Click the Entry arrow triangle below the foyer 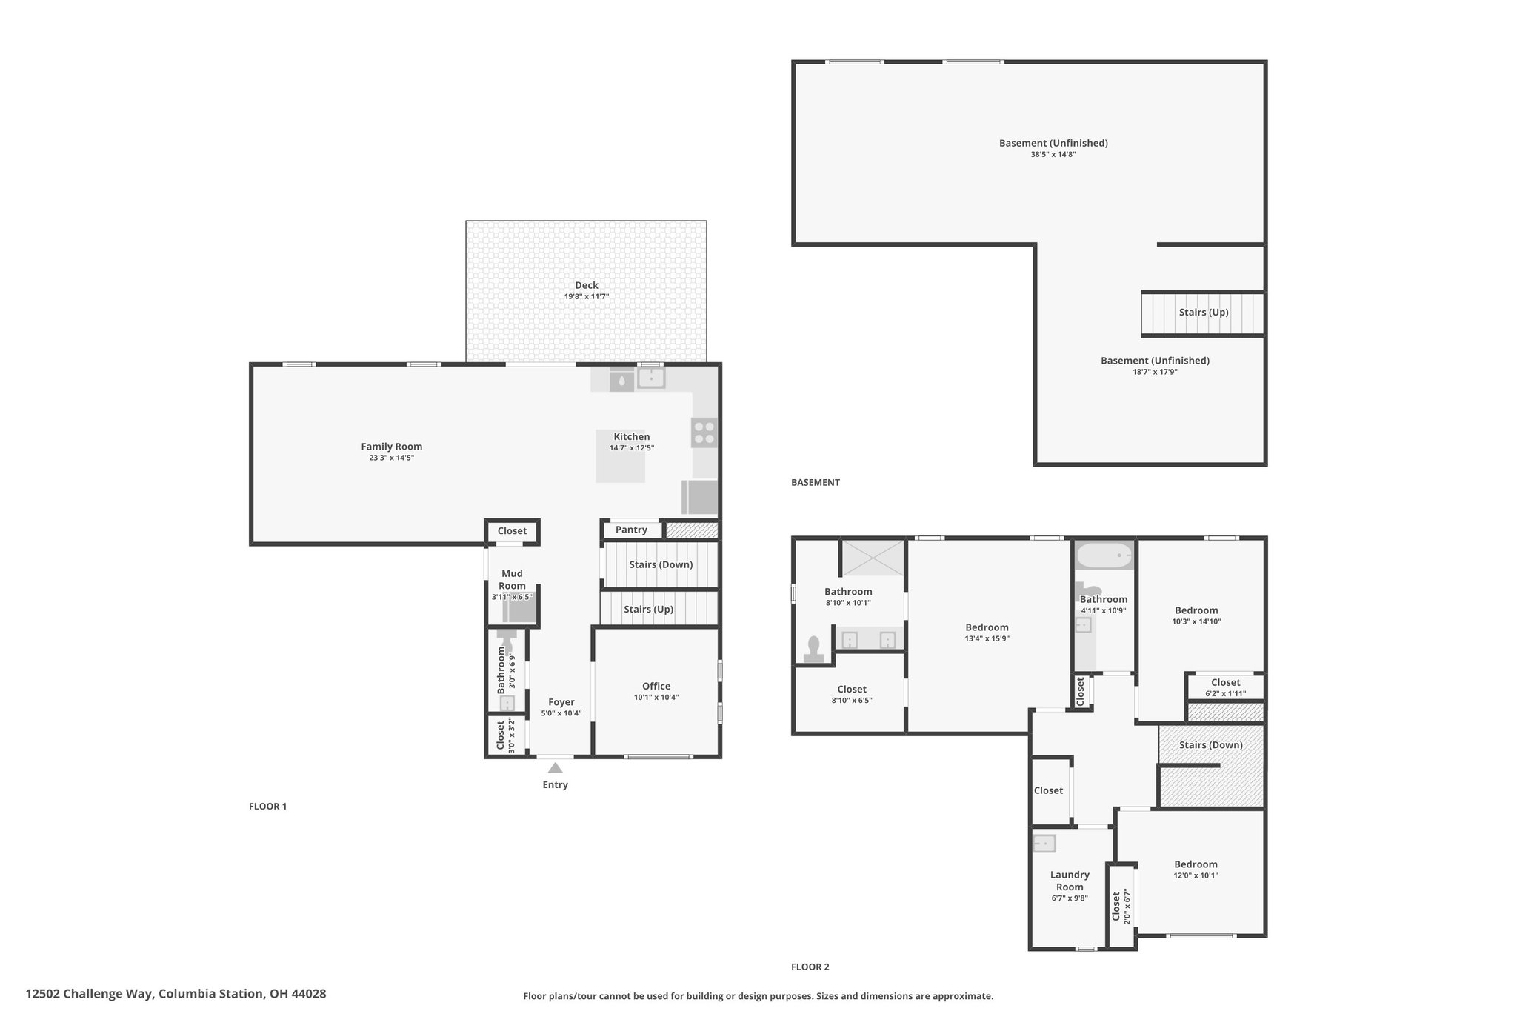click(555, 768)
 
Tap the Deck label click(587, 285)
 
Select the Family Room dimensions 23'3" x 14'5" click(391, 458)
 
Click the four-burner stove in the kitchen click(704, 433)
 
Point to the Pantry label click(631, 530)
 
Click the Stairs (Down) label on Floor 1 click(661, 564)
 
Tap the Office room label click(656, 686)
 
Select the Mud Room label click(512, 579)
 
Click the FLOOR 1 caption click(267, 807)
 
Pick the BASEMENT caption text click(816, 482)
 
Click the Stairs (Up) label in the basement click(1204, 312)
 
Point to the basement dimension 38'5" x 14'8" click(1053, 154)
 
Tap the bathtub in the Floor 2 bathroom click(1104, 555)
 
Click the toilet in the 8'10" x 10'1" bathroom click(814, 650)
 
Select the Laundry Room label click(1070, 881)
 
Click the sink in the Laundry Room click(1044, 843)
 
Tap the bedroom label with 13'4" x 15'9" click(987, 627)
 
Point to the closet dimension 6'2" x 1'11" click(1225, 694)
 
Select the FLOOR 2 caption click(810, 967)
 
